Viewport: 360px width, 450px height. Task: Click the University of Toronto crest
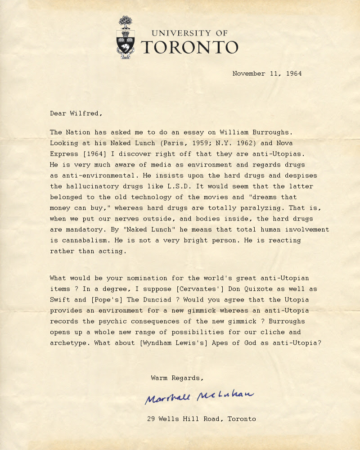point(126,38)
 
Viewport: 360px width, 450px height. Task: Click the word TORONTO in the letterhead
point(189,47)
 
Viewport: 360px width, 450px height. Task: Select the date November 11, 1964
point(267,73)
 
